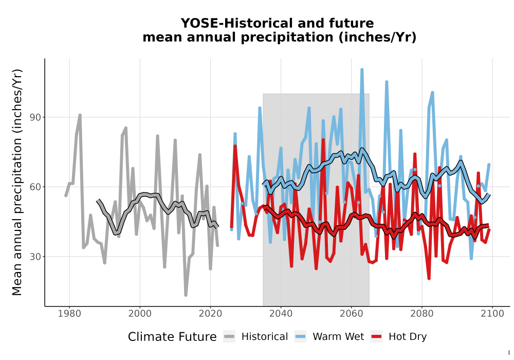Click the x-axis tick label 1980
pyautogui.click(x=69, y=314)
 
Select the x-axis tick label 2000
pyautogui.click(x=140, y=314)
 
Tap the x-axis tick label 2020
pyautogui.click(x=210, y=314)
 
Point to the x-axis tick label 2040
pyautogui.click(x=281, y=314)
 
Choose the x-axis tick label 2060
pyautogui.click(x=352, y=314)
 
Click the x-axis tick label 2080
pyautogui.click(x=422, y=314)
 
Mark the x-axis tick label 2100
pyautogui.click(x=492, y=314)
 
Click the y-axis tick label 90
pyautogui.click(x=35, y=117)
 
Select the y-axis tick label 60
pyautogui.click(x=35, y=187)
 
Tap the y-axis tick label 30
pyautogui.click(x=35, y=257)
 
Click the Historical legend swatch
pyautogui.click(x=229, y=337)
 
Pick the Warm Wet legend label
pyautogui.click(x=338, y=337)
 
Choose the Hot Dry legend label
pyautogui.click(x=408, y=337)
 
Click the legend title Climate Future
pyautogui.click(x=172, y=337)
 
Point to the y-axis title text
pyautogui.click(x=17, y=182)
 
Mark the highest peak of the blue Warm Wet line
pyautogui.click(x=362, y=69)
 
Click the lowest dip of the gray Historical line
pyautogui.click(x=186, y=295)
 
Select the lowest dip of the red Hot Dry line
pyautogui.click(x=429, y=278)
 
